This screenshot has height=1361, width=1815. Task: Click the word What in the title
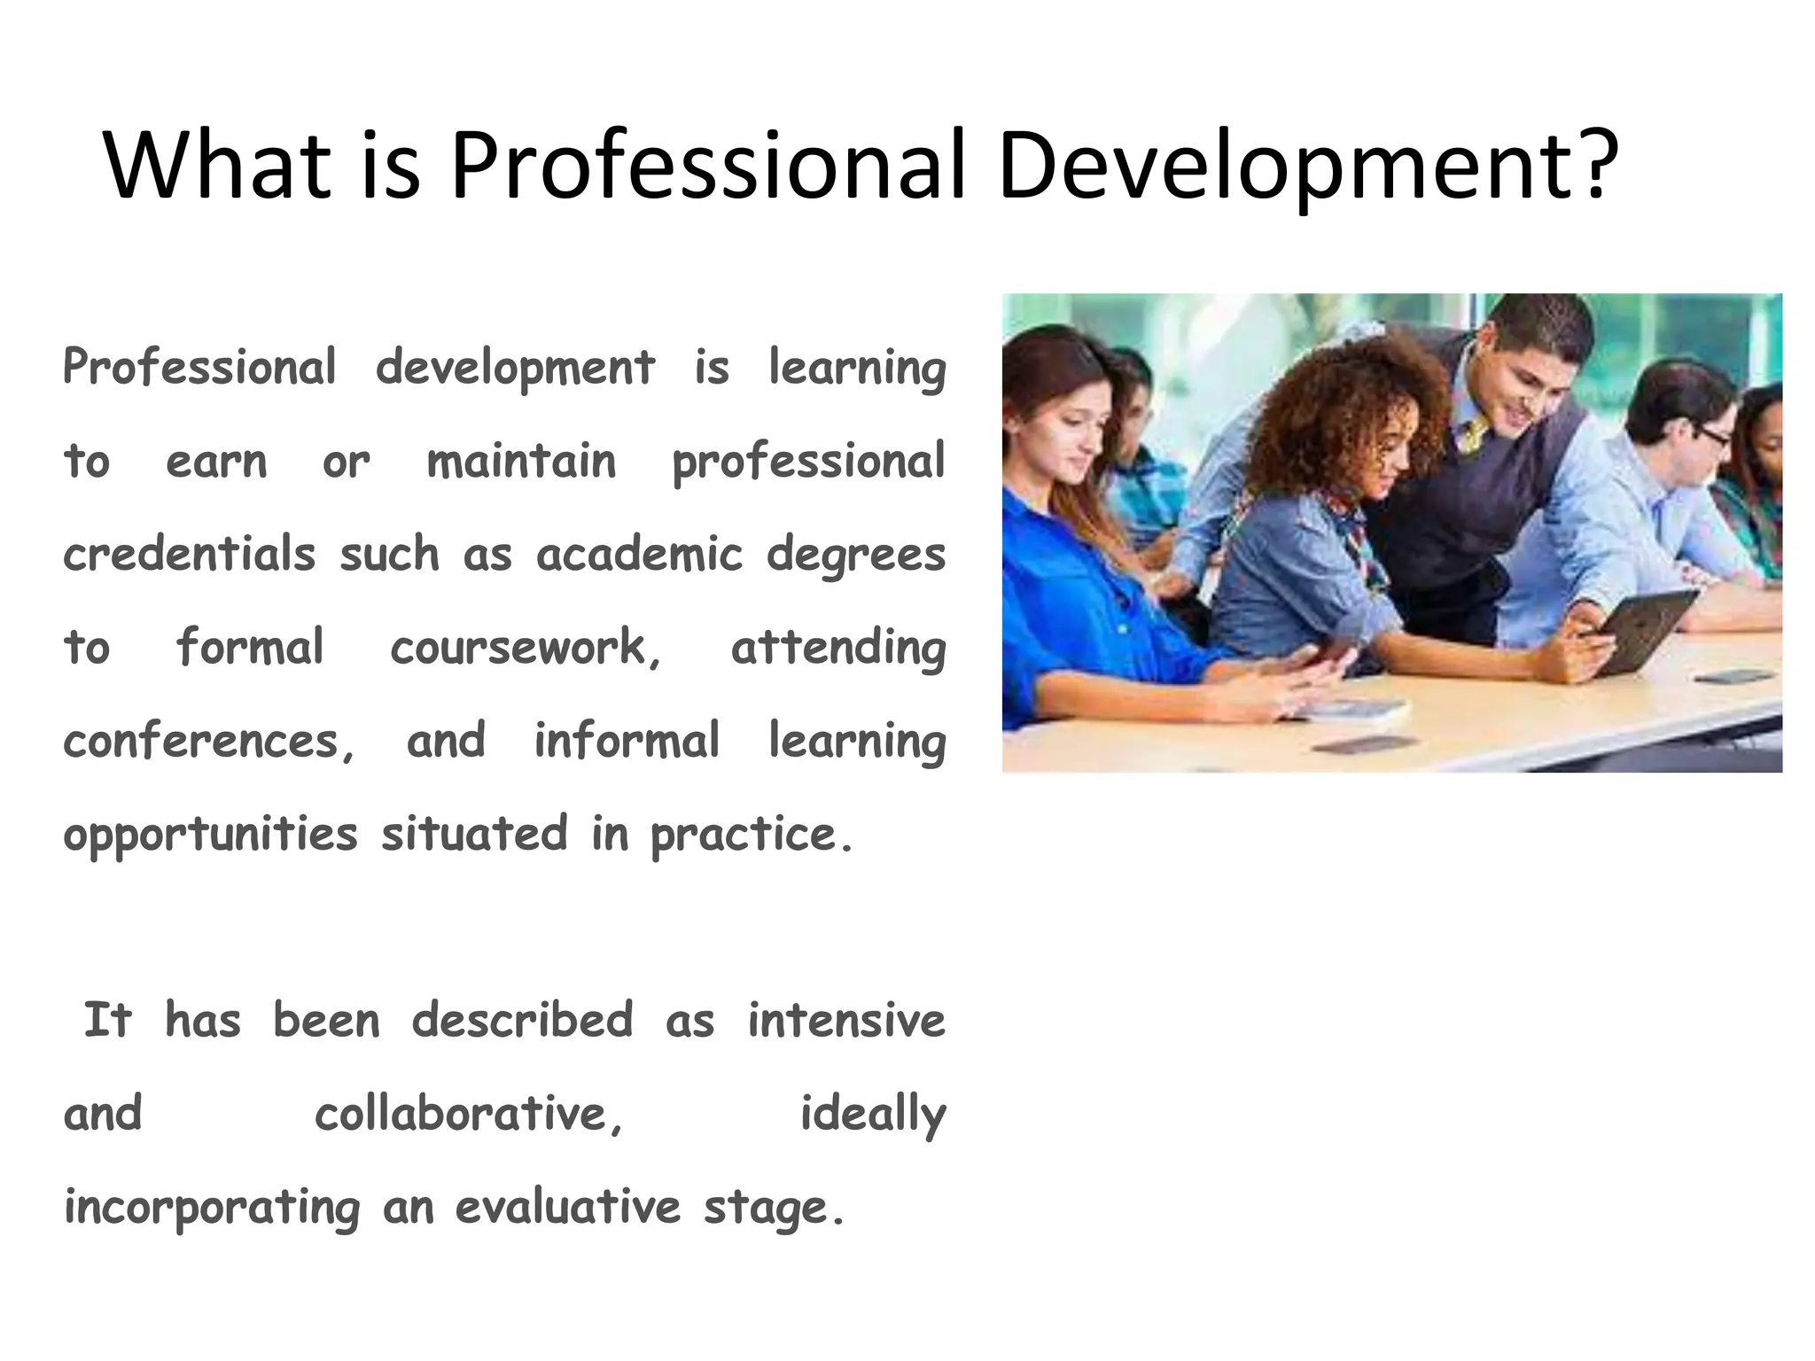pyautogui.click(x=216, y=165)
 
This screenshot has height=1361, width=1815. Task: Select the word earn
pyautogui.click(x=216, y=462)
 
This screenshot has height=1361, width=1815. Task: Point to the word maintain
pyautogui.click(x=521, y=462)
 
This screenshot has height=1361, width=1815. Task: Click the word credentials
pyautogui.click(x=190, y=555)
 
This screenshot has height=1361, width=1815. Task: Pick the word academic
pyautogui.click(x=639, y=555)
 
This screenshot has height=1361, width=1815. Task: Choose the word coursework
pyautogui.click(x=524, y=648)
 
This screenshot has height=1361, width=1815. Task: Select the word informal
pyautogui.click(x=626, y=741)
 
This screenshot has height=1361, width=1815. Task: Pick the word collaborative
pyautogui.click(x=467, y=1114)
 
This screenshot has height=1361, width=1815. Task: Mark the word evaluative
pyautogui.click(x=568, y=1207)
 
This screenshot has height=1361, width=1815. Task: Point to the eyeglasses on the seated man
pyautogui.click(x=1707, y=436)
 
